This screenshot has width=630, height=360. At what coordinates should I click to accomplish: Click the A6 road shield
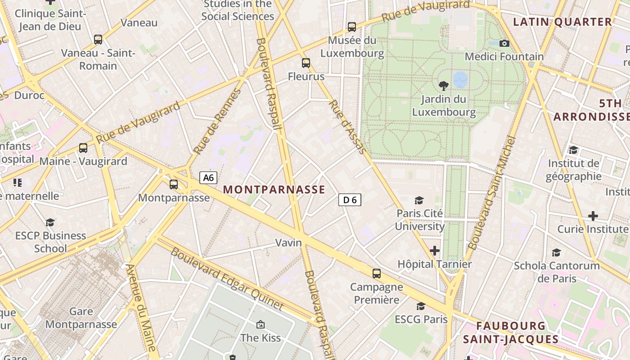click(x=208, y=178)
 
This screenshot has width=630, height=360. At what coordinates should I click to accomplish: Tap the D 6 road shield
click(x=350, y=200)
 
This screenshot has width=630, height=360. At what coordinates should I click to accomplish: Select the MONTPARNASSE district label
click(x=274, y=189)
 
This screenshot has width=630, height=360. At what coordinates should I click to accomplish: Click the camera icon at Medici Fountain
click(x=504, y=43)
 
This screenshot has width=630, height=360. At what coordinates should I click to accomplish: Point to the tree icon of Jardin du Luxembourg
click(x=444, y=85)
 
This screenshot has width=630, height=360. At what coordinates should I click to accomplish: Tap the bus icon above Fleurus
click(x=306, y=63)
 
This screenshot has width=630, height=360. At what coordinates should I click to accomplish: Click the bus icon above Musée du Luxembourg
click(x=352, y=27)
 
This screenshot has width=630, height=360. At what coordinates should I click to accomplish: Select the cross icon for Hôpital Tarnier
click(x=435, y=250)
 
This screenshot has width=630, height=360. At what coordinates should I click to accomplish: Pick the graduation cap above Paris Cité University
click(x=419, y=200)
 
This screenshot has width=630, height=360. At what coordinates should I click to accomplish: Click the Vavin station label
click(x=288, y=243)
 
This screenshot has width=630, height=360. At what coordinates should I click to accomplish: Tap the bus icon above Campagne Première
click(x=377, y=273)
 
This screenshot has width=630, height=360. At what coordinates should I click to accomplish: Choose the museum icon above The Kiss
click(x=260, y=324)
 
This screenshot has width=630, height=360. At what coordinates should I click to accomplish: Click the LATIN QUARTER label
click(x=562, y=22)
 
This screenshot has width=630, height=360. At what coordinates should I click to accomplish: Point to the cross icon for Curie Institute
click(x=593, y=216)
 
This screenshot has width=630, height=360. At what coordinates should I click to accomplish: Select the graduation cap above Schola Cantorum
click(x=557, y=252)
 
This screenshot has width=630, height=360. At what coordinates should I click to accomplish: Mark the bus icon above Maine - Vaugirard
click(x=83, y=148)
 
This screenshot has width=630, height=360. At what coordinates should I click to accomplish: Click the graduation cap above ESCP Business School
click(x=50, y=222)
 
